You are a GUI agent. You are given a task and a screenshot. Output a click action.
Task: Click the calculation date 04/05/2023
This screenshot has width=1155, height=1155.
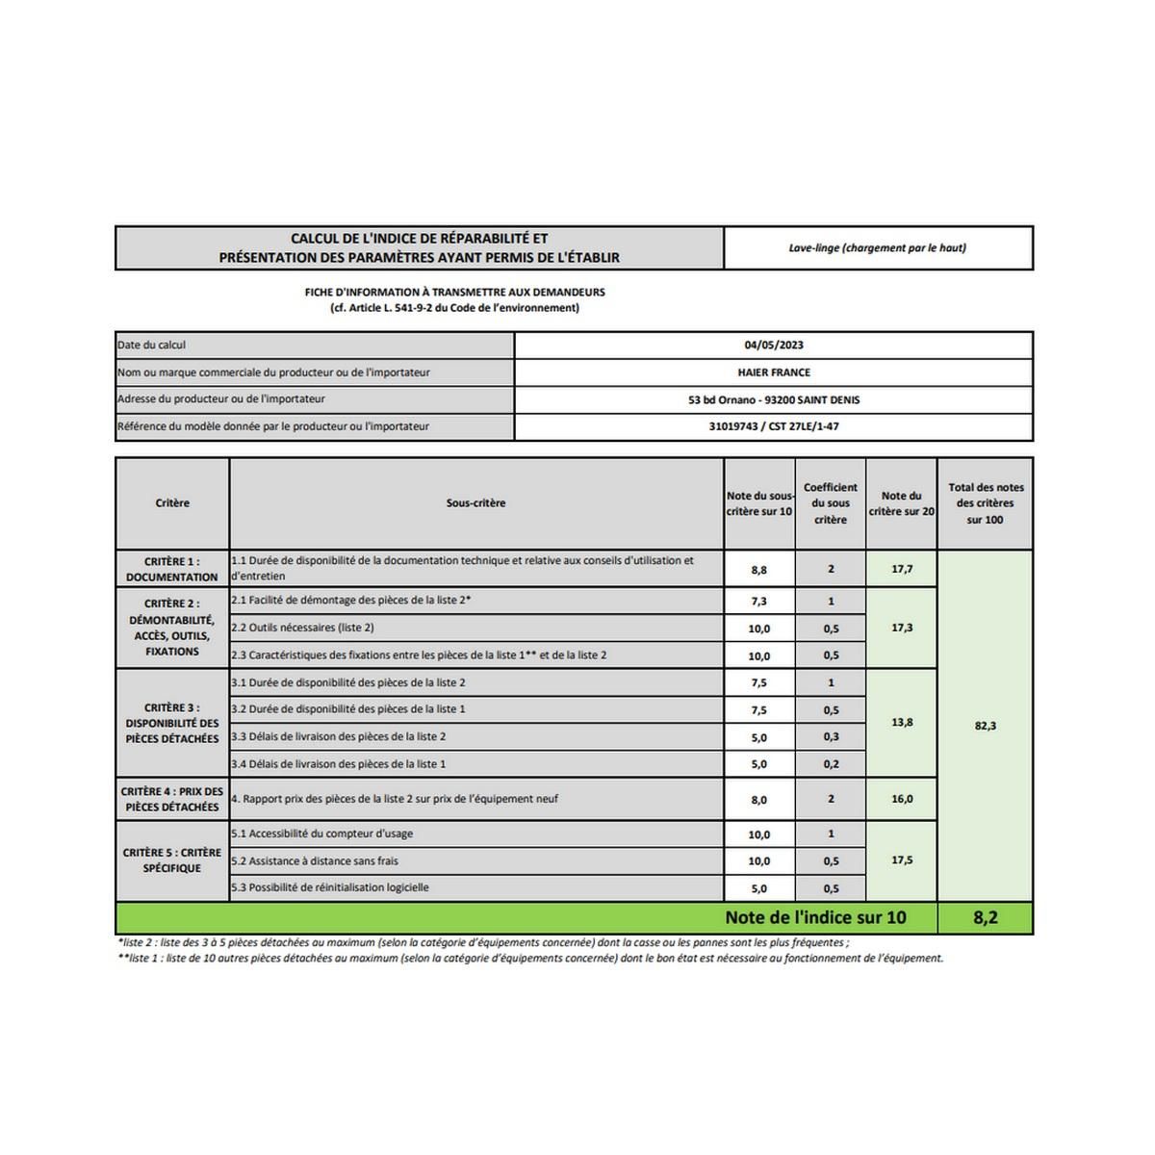pos(774,345)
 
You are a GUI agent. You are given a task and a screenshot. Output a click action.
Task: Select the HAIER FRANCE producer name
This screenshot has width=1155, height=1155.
pos(774,372)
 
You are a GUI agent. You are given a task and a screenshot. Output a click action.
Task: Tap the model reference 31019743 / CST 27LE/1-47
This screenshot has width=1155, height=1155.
pos(774,426)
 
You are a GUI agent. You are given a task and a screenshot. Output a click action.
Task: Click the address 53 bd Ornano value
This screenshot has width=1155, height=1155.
pos(774,399)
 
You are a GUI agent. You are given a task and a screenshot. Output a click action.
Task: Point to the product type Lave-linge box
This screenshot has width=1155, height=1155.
pos(878,248)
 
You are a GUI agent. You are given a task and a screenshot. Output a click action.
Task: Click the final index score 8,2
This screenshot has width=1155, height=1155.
pos(985,917)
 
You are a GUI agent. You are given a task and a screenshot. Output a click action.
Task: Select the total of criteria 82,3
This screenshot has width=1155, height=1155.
pos(985,726)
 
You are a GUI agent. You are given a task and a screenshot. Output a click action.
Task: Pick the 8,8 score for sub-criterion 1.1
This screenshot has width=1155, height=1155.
pos(759,570)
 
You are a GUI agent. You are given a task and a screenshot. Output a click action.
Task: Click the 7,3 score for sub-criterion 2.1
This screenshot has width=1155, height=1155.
pos(759,602)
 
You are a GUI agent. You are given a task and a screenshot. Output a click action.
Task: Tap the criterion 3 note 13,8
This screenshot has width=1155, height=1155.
pos(902,723)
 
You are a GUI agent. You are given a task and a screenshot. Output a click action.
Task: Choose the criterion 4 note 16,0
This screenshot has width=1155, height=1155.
pos(902,799)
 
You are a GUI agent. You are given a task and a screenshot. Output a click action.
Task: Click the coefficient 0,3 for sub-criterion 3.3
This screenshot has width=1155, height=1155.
pos(831,737)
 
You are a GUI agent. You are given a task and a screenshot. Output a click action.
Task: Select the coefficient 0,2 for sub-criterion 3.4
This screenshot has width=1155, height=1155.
pos(831,764)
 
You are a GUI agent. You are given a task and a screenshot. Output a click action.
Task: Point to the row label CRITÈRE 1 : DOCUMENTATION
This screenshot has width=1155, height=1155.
pos(172,569)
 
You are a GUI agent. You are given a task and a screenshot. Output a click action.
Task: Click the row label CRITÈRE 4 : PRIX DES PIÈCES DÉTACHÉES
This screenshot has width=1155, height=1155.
pos(172,799)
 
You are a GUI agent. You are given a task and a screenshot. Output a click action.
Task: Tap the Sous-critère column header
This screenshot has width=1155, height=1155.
pos(475,503)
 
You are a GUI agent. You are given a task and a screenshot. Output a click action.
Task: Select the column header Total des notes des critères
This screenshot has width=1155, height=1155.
pos(986,503)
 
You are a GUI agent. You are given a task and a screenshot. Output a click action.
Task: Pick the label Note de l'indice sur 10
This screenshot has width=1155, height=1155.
pos(815,917)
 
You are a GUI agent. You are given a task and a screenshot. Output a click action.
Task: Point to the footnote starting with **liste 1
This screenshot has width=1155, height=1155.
pos(530,959)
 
